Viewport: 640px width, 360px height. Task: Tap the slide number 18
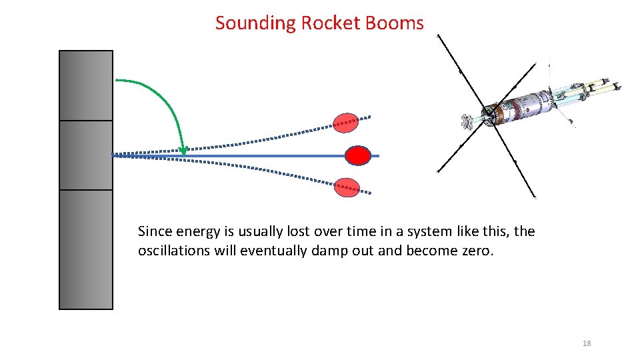[587, 343]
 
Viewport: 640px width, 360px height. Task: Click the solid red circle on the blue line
[357, 155]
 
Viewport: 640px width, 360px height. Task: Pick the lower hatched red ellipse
[346, 187]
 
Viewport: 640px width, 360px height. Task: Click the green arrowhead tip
[184, 153]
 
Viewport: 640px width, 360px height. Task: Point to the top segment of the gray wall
[86, 85]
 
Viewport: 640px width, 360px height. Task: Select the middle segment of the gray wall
[86, 155]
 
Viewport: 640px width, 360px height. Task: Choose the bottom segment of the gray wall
[86, 249]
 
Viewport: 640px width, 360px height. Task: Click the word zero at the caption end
[477, 251]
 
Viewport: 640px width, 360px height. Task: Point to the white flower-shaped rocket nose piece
[467, 121]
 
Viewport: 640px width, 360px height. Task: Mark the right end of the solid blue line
[378, 155]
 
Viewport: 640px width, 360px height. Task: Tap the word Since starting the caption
[153, 232]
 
